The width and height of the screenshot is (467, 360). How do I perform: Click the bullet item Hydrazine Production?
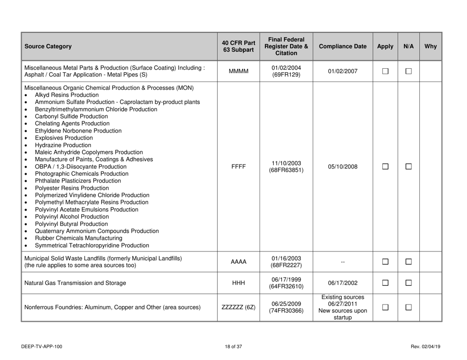point(63,145)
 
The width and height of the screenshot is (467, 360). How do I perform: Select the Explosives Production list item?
point(64,138)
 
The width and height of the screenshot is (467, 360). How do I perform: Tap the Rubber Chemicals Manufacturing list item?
point(75,238)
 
